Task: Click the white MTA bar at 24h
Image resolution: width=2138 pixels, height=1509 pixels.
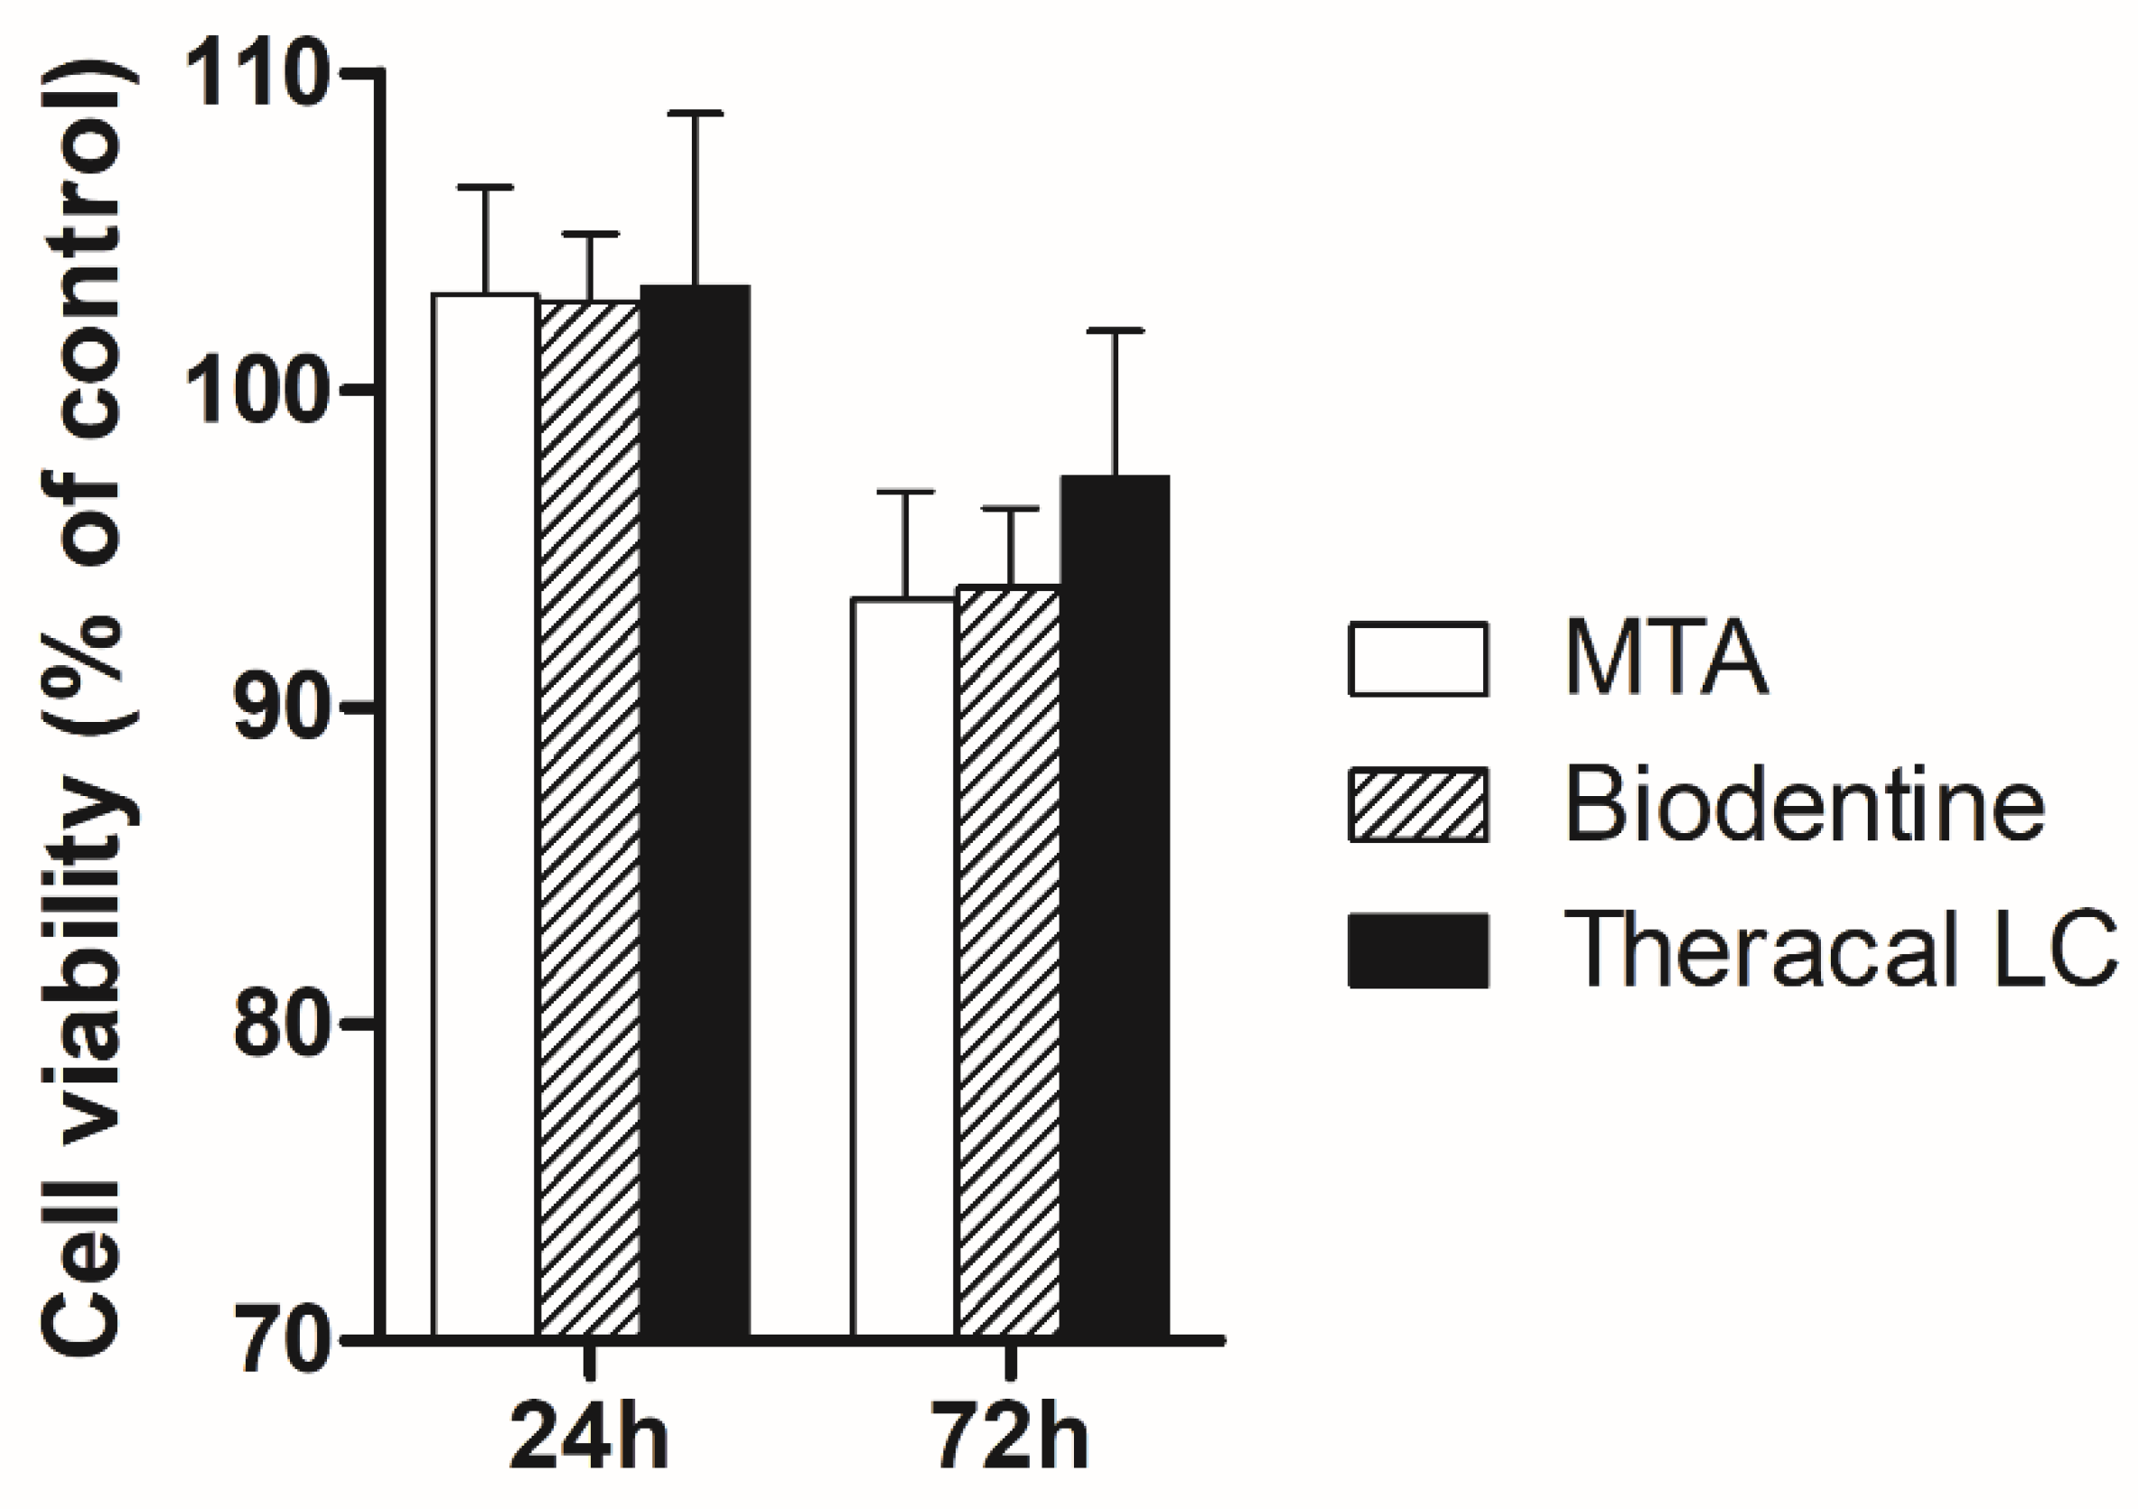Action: click(485, 815)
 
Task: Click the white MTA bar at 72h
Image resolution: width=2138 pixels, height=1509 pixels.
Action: click(903, 967)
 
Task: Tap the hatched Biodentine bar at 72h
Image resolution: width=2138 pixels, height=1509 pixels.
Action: click(1008, 961)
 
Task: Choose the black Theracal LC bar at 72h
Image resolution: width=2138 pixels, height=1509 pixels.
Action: click(1115, 905)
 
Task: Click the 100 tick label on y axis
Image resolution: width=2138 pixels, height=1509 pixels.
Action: click(258, 391)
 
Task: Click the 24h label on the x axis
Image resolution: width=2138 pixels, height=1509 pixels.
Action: click(590, 1437)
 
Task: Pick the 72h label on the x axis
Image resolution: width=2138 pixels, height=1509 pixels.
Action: click(1011, 1437)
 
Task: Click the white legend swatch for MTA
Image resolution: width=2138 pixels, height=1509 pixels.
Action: click(1417, 660)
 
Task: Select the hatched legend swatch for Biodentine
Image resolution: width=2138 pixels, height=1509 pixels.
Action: click(1417, 805)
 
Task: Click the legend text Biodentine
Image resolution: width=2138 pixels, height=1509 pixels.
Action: click(1805, 805)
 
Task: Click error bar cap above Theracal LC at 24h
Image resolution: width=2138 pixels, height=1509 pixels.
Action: click(695, 114)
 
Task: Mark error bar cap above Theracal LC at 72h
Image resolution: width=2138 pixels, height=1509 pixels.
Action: click(1115, 331)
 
